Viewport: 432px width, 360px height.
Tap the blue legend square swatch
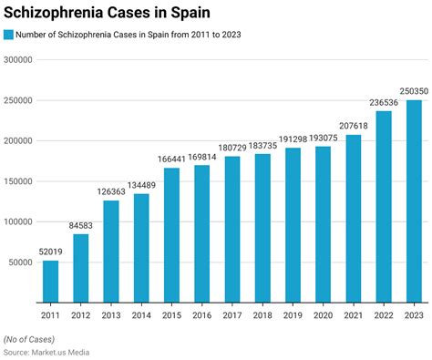pos(8,35)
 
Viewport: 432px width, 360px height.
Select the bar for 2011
pos(51,281)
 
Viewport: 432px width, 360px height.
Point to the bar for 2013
pos(111,251)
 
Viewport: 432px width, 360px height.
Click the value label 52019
pos(51,252)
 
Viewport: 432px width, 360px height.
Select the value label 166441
pos(171,159)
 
